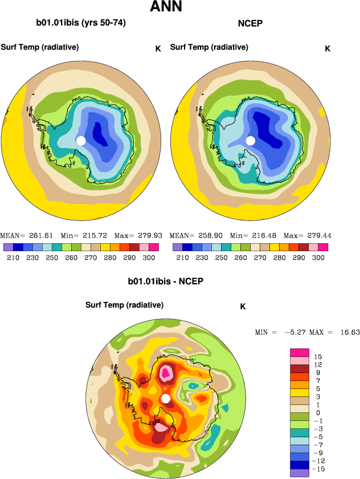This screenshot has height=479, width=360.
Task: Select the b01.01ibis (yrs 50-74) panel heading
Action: [x=81, y=23]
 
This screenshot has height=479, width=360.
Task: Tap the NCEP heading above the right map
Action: [x=249, y=23]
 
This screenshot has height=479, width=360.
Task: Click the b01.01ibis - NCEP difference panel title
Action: [x=166, y=282]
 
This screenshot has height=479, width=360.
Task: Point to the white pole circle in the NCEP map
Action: [x=250, y=141]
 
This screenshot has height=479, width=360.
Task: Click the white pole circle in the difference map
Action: [x=166, y=399]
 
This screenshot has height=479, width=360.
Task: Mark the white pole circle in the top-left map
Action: [x=81, y=140]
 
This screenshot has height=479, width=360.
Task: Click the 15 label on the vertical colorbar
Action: [x=318, y=356]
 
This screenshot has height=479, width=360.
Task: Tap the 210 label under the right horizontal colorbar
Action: [x=182, y=258]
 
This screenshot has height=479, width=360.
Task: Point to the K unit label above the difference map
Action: [x=243, y=306]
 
